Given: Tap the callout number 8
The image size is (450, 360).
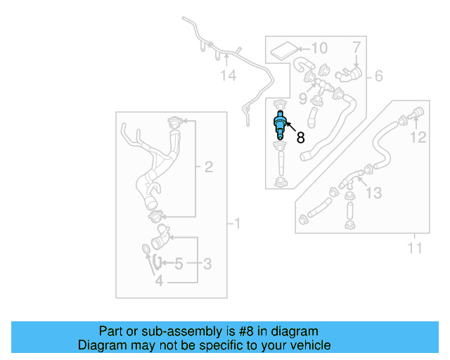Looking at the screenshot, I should click(x=300, y=139).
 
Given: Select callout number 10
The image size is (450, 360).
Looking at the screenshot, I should click(x=319, y=49).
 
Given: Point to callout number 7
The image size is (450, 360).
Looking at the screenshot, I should click(x=356, y=48).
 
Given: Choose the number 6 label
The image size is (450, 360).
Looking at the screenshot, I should click(x=378, y=75).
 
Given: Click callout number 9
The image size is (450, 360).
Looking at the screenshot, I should click(x=303, y=97).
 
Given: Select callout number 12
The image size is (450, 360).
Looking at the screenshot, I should click(x=418, y=137).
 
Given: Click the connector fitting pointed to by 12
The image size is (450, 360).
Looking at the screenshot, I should click(x=414, y=112).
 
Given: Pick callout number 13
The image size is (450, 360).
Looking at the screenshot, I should click(x=374, y=192).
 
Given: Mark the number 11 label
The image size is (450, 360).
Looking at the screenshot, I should click(x=415, y=247).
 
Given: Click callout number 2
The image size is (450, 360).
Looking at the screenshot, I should click(x=208, y=167).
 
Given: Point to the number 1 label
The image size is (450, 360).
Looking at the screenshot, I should click(x=237, y=224).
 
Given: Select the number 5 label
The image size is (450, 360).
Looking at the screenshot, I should click(x=179, y=264).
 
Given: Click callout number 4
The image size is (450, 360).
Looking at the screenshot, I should click(x=159, y=281).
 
